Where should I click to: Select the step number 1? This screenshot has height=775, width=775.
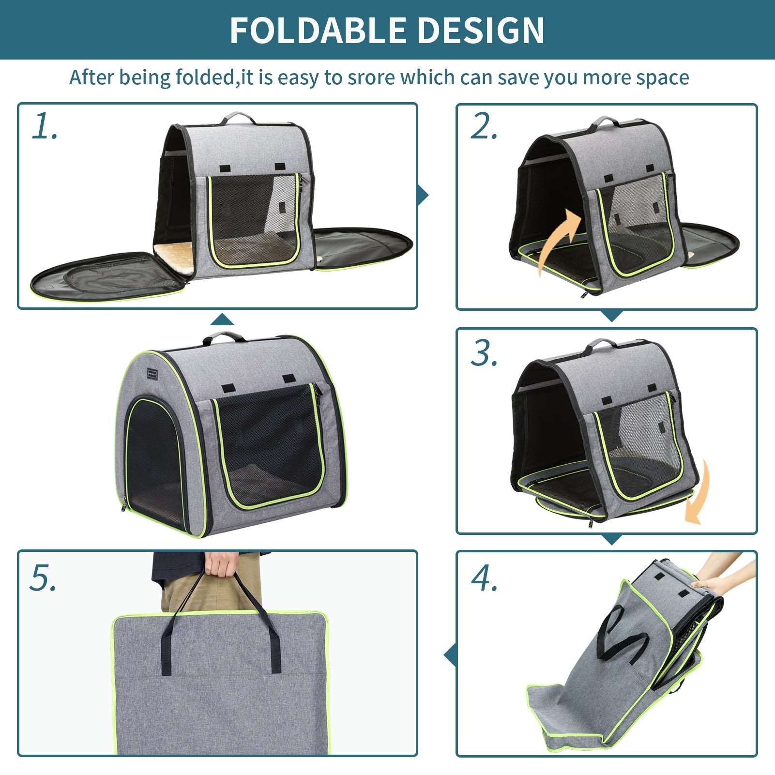coord(45,127)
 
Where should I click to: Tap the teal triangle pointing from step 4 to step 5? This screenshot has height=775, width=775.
coord(450,655)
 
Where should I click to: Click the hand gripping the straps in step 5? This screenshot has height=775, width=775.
coord(220,563)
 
